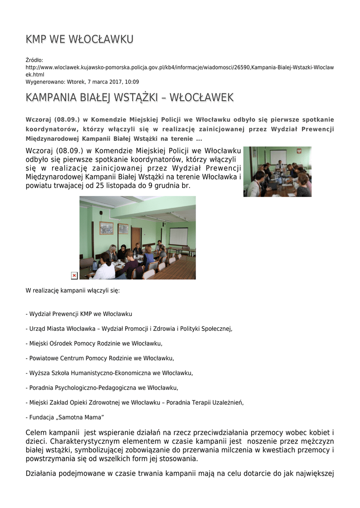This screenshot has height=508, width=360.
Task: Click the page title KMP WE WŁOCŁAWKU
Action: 79,39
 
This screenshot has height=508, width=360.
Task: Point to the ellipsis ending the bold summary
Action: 199,138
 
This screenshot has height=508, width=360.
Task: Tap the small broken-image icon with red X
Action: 74,275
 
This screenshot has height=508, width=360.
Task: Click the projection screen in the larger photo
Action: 178,236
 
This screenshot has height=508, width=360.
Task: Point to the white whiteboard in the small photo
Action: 278,156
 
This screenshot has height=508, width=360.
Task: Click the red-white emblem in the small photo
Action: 299,151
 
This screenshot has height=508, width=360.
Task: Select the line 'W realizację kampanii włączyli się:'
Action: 72,290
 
